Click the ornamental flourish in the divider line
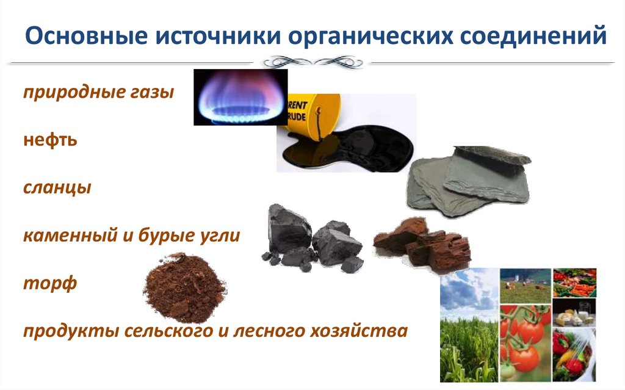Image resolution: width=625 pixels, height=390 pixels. [312, 62]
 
